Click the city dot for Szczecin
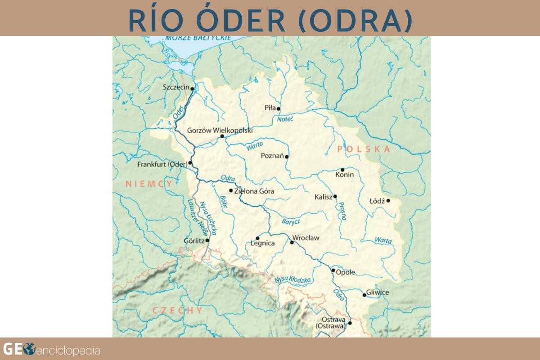tap(192, 89)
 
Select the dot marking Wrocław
tap(292, 243)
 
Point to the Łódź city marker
tap(387, 201)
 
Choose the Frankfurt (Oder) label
tap(162, 165)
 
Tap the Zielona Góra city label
tap(254, 191)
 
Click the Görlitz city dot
tap(207, 240)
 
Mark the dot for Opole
tap(333, 270)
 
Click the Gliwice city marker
tap(364, 295)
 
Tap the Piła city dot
tap(279, 108)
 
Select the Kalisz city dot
tap(335, 196)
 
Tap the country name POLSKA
tap(363, 149)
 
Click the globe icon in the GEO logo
tap(29, 349)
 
